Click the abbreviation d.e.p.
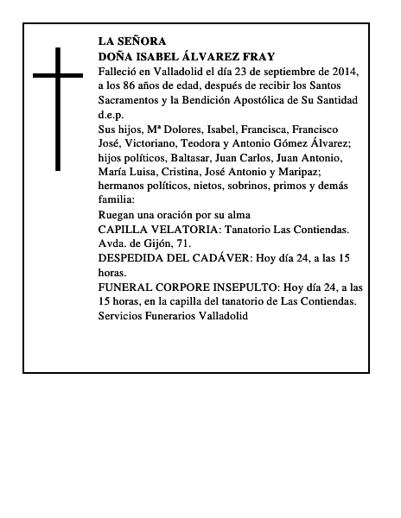point(111,115)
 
